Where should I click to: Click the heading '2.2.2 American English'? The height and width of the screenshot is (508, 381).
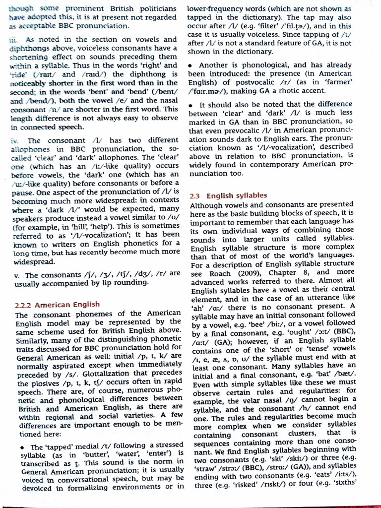(x=58, y=304)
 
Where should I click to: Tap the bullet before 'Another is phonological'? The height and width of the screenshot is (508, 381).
(x=191, y=65)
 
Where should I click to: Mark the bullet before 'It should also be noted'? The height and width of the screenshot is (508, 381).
(x=191, y=105)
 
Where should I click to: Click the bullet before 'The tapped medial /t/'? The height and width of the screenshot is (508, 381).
(x=23, y=447)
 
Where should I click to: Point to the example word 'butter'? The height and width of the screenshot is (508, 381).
(x=79, y=454)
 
